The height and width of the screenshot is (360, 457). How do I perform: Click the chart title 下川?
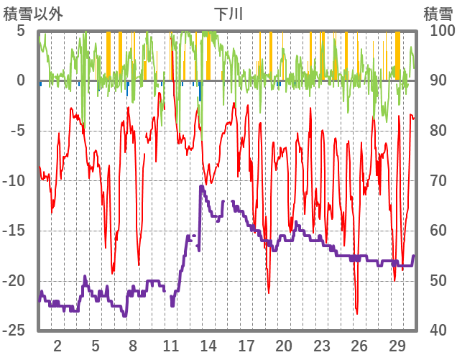pyautogui.click(x=228, y=13)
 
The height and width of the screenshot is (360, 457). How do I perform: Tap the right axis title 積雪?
pyautogui.click(x=437, y=13)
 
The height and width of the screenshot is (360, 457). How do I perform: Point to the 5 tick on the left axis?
pyautogui.click(x=21, y=31)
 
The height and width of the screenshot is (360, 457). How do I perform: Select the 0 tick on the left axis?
pyautogui.click(x=21, y=80)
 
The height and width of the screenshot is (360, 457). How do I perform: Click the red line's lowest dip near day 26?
pyautogui.click(x=356, y=313)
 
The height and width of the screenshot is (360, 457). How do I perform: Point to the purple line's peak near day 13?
pyautogui.click(x=201, y=186)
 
